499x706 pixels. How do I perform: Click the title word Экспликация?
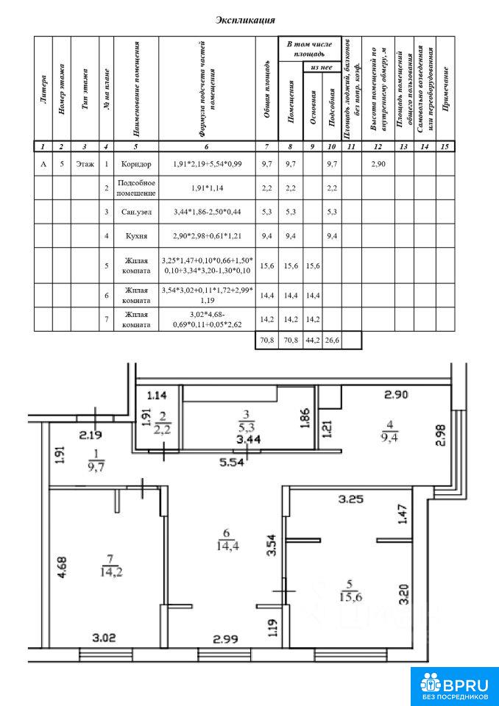[245, 21]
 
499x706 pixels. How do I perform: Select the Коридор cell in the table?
[136, 164]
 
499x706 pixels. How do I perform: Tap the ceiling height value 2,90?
[378, 164]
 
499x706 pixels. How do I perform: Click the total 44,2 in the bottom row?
[312, 340]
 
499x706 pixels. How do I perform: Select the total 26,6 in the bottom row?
[331, 340]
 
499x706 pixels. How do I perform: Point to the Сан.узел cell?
[136, 211]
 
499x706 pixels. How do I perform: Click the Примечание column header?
[445, 89]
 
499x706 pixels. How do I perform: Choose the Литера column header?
[43, 89]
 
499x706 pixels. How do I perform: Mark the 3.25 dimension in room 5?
[351, 499]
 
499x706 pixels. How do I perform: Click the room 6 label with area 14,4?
[226, 539]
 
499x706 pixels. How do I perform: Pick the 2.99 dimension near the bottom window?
[224, 638]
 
